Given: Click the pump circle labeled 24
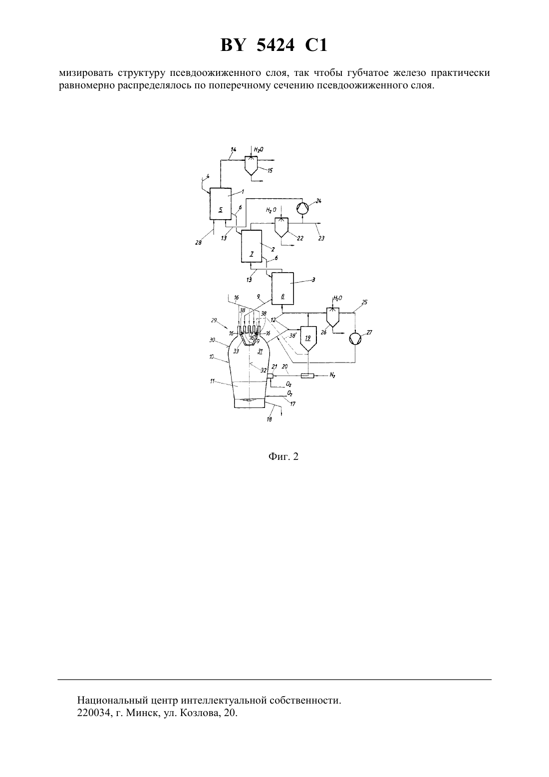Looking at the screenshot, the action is click(x=302, y=208).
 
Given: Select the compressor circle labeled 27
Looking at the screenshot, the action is click(x=355, y=339).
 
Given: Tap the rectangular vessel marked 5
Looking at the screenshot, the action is click(x=221, y=204).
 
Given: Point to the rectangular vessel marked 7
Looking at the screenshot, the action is click(x=252, y=246).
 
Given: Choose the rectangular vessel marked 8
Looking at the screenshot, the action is click(x=282, y=288).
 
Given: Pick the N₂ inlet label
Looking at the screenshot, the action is click(x=332, y=376).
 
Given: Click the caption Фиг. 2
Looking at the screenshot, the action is click(x=283, y=456).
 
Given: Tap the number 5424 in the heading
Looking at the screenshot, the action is click(x=275, y=45).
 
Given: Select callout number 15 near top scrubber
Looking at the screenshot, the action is click(x=271, y=171).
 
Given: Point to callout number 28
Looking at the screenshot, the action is click(x=198, y=243).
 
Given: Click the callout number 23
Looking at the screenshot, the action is click(x=321, y=238).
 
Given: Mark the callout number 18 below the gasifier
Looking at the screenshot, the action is click(x=269, y=419).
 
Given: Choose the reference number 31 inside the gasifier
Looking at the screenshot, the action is click(x=261, y=351).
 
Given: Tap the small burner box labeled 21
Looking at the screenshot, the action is click(x=270, y=377).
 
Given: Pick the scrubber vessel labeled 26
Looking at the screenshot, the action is click(x=333, y=318).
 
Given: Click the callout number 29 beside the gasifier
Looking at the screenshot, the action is click(x=213, y=320).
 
